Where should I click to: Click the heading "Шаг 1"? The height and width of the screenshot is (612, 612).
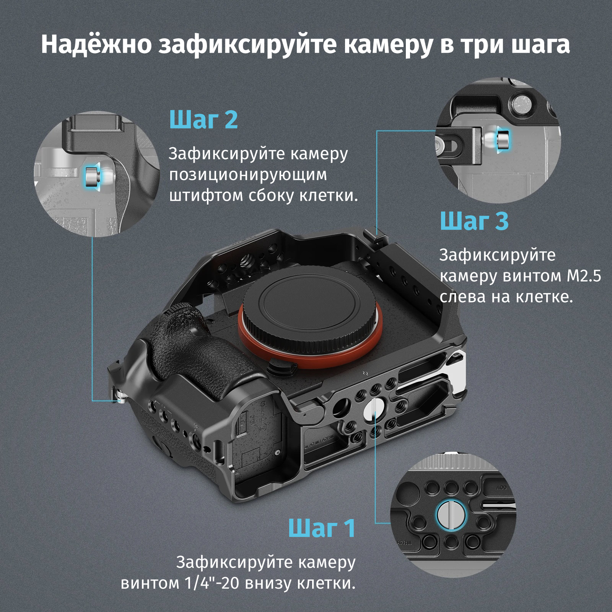(x=322, y=528)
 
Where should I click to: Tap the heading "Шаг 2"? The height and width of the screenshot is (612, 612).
(x=203, y=119)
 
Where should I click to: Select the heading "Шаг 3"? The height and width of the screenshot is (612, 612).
(x=474, y=221)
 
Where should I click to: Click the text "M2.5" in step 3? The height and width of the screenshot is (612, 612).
(x=584, y=276)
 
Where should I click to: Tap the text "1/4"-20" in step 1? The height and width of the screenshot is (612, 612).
(x=212, y=583)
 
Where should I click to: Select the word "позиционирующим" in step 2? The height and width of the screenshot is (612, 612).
(x=248, y=174)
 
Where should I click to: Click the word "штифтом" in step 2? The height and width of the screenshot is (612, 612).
(x=206, y=195)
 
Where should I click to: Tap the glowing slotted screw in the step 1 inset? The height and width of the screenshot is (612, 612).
(x=451, y=515)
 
